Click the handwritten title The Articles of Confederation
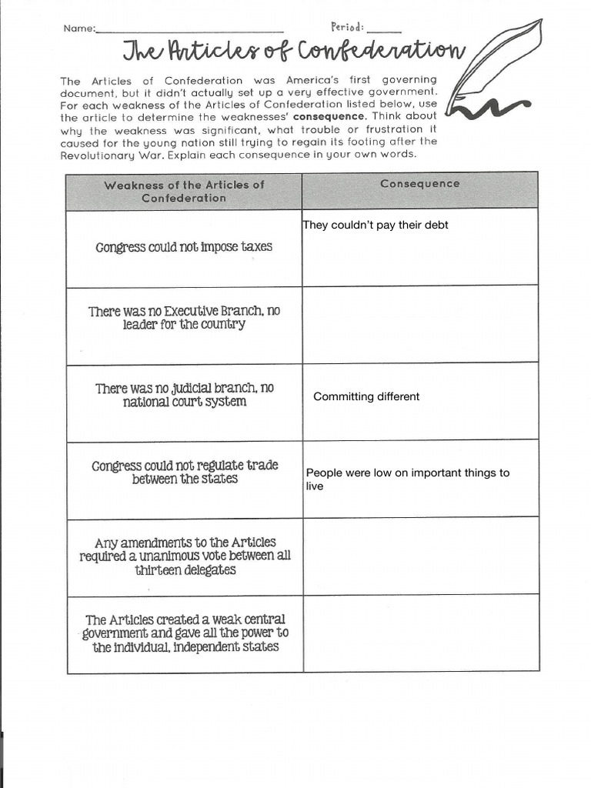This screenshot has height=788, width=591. tap(294, 51)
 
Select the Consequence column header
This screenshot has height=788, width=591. tap(419, 184)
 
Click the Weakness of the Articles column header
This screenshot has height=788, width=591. tap(184, 191)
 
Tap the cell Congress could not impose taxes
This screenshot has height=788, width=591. tap(184, 247)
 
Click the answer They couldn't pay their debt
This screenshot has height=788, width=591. tap(376, 225)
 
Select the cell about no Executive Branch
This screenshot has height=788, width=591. tap(184, 318)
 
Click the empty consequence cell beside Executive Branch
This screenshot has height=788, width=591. tap(419, 325)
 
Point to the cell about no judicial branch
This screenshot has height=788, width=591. tap(184, 395)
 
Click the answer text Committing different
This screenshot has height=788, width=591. tap(366, 396)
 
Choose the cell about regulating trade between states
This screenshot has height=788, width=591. tap(184, 472)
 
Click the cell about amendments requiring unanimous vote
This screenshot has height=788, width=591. tap(184, 556)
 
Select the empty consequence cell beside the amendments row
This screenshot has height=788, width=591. tap(419, 556)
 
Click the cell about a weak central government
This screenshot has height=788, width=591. tap(184, 633)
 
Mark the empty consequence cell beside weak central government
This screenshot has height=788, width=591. tap(419, 633)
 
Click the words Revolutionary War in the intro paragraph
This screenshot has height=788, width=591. tap(98, 155)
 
